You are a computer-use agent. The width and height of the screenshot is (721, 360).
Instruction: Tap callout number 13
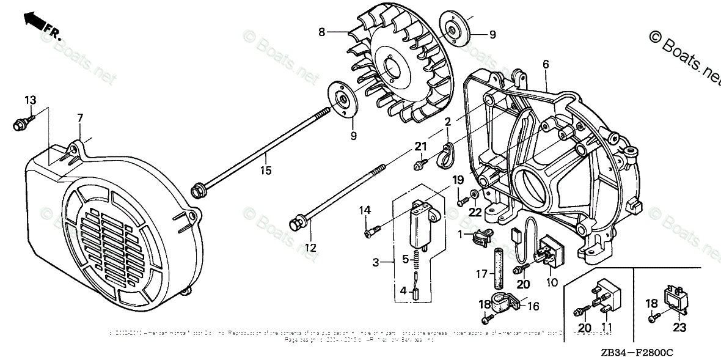coord(30,100)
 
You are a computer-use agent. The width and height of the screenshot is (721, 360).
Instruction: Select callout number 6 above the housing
coord(545,64)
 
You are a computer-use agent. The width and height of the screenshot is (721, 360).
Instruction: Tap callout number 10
coord(551,282)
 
